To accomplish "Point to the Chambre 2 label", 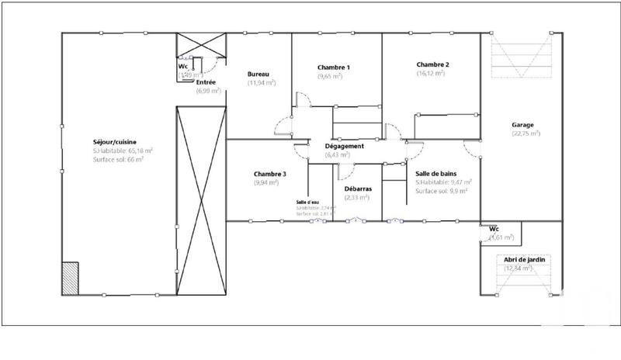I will [432, 64].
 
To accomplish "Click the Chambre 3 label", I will [269, 174].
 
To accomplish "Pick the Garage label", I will [522, 124].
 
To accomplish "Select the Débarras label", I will [357, 189].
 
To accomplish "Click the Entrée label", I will [206, 81].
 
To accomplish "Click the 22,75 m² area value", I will [526, 133].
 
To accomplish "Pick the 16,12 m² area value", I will [430, 73].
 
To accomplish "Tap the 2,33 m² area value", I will [357, 197].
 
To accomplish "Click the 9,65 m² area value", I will [332, 76].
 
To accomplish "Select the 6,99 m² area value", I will [208, 90].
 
